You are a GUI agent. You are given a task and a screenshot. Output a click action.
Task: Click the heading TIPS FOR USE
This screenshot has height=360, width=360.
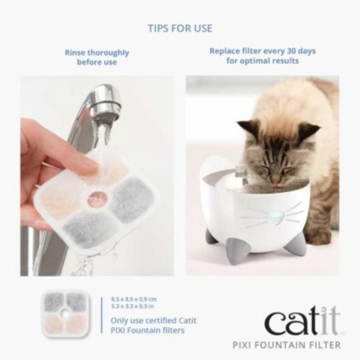[180, 28]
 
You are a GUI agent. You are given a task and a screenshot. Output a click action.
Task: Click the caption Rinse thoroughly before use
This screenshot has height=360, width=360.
[97, 57]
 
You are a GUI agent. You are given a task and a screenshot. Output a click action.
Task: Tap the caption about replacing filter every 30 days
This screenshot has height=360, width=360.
[262, 55]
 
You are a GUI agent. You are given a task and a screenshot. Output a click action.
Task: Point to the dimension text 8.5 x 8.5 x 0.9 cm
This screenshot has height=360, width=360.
[134, 299]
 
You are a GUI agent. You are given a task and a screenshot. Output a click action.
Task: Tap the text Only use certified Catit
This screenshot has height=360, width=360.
[148, 321]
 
